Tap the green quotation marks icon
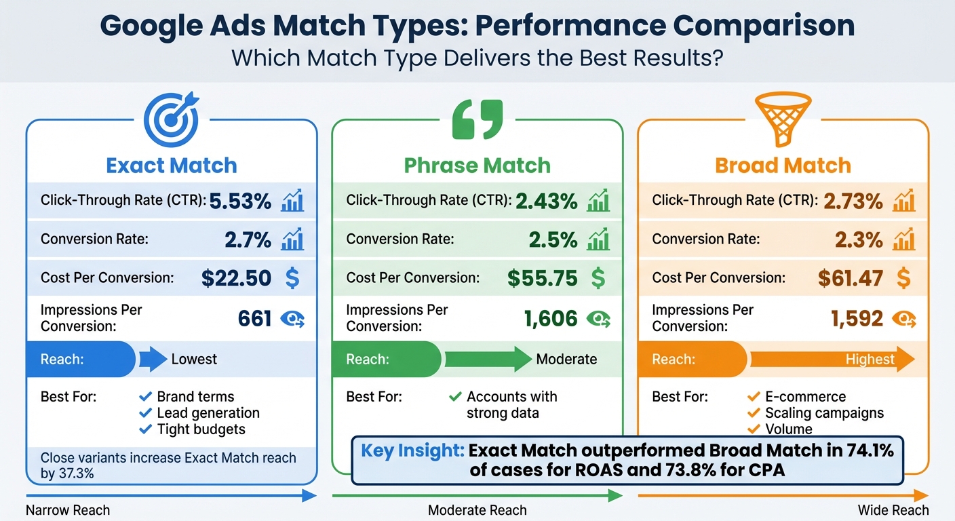(477, 120)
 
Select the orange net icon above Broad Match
(783, 120)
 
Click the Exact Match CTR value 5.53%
(240, 201)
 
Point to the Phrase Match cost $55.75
(543, 277)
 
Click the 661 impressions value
(255, 318)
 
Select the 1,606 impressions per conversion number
(550, 318)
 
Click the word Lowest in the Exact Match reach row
(194, 360)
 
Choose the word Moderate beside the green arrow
(566, 360)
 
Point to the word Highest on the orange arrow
(870, 360)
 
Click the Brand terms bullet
(195, 397)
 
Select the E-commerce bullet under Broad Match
(805, 397)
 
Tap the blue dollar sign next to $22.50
(292, 277)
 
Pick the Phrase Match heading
(477, 166)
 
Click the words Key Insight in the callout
(412, 450)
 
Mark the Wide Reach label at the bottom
(893, 510)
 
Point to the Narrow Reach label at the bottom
(68, 510)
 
